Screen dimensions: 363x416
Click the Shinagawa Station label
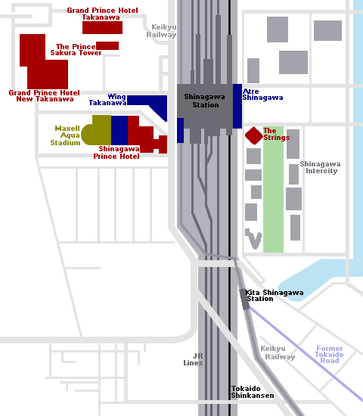(205, 101)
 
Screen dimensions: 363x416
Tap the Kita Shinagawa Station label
(275, 296)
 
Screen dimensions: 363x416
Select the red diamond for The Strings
(253, 135)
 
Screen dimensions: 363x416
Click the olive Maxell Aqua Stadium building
(96, 130)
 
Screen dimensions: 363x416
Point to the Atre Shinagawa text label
(262, 95)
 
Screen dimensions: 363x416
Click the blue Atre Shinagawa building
(237, 106)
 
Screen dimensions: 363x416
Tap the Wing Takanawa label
(107, 100)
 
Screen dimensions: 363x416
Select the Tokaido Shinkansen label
(253, 392)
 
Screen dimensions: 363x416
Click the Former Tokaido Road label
(329, 355)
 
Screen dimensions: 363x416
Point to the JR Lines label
(193, 359)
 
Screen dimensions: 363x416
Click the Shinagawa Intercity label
(321, 167)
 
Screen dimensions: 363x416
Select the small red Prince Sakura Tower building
(107, 45)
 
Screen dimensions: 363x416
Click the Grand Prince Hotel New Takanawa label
(44, 96)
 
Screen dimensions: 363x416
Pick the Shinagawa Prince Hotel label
(116, 153)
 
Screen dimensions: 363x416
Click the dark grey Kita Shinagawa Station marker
(244, 300)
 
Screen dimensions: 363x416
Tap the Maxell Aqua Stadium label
(65, 135)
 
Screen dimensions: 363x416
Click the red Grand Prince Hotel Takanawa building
(102, 27)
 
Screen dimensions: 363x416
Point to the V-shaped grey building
(253, 239)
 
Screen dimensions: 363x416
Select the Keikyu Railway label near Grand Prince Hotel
(161, 31)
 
